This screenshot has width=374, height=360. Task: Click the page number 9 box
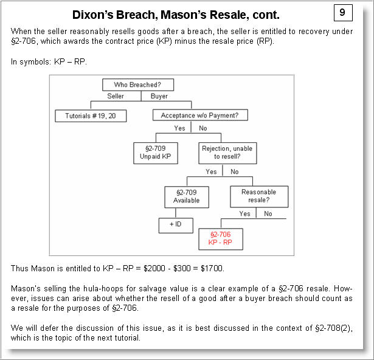342,12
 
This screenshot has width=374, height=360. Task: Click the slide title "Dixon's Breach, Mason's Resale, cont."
176,15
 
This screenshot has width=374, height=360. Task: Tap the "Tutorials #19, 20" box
91,116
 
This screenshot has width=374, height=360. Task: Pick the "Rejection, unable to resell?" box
224,152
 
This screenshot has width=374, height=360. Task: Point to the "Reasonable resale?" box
258,196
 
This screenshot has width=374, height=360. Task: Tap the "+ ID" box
176,226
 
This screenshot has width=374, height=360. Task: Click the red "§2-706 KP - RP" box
220,238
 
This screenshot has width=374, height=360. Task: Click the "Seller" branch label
116,97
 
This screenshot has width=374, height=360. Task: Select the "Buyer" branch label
159,97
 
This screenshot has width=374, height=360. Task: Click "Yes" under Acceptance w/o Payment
179,128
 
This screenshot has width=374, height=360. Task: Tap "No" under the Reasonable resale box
268,214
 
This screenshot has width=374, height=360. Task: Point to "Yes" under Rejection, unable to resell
211,172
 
